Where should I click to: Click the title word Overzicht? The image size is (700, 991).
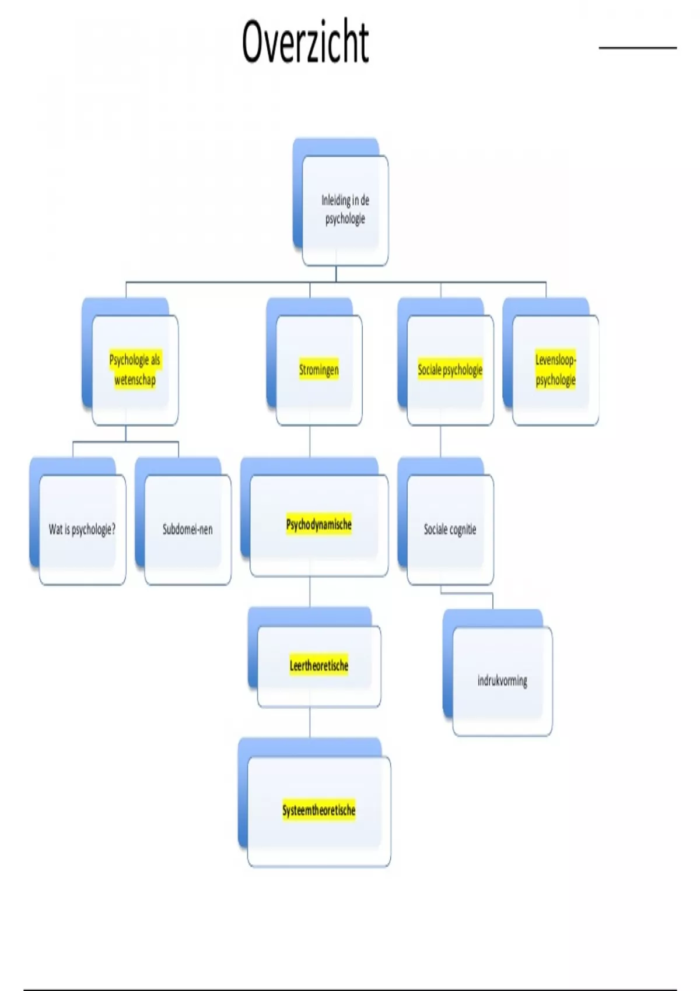[x=305, y=41]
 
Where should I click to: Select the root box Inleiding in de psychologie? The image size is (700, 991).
[x=345, y=210]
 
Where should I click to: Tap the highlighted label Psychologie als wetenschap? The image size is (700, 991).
[x=135, y=370]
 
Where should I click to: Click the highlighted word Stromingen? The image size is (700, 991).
[x=318, y=370]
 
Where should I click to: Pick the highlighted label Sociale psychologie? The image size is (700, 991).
[x=450, y=370]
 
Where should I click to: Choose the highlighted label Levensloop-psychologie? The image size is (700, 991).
[x=555, y=370]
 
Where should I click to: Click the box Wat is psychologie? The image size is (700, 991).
[x=82, y=529]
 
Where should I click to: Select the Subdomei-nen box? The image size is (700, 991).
[x=187, y=529]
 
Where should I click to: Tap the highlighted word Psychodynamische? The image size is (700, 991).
[x=318, y=524]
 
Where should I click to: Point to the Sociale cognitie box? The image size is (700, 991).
[x=450, y=529]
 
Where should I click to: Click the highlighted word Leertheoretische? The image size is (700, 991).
[x=318, y=665]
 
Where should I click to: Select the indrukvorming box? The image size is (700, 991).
[x=502, y=680]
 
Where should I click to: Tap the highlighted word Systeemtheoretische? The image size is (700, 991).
[x=318, y=810]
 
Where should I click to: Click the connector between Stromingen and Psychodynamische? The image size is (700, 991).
[x=310, y=441]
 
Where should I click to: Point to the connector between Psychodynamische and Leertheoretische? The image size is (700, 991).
[x=310, y=592]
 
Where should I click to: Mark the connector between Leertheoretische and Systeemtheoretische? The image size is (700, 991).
[x=310, y=722]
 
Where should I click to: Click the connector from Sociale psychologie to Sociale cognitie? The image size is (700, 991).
[x=440, y=441]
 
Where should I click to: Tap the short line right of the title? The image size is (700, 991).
[x=638, y=47]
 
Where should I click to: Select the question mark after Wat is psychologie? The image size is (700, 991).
[x=113, y=529]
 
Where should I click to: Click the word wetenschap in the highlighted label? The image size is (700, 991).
[x=135, y=380]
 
